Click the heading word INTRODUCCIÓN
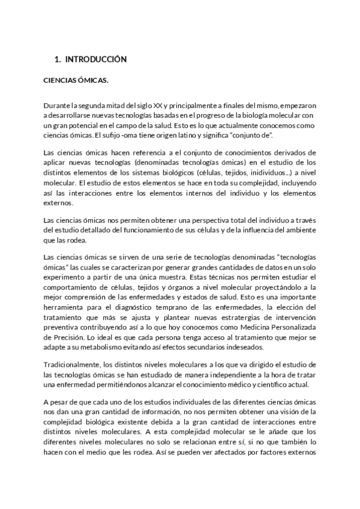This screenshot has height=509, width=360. pos(95,59)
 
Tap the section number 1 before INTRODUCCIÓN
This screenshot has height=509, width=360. pos(56,59)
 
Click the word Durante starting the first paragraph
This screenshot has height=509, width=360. pos(58,106)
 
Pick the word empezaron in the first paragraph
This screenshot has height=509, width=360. pos(296,106)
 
